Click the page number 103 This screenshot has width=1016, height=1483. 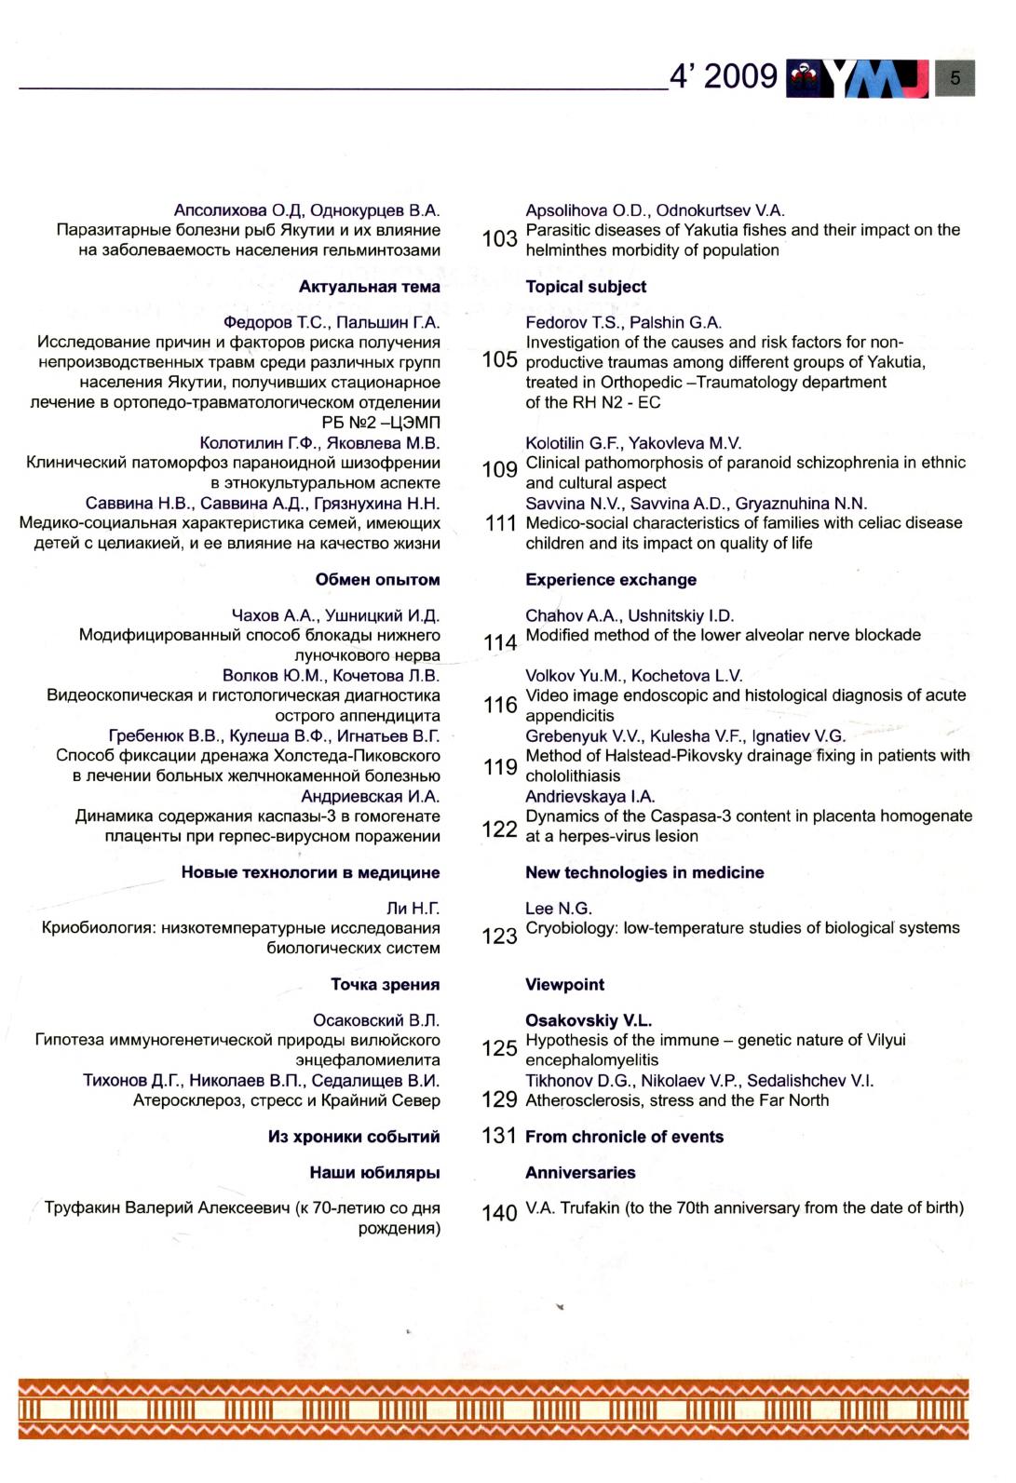point(499,239)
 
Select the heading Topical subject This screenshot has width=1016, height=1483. point(586,287)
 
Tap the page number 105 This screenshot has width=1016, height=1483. point(499,360)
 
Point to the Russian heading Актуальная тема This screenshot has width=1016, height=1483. point(369,287)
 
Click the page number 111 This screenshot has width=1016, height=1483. point(500,524)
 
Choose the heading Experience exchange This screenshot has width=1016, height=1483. point(611,580)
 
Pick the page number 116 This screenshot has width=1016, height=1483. point(500,706)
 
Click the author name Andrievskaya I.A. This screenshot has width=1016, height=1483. point(590,797)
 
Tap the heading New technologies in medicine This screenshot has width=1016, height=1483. point(644,873)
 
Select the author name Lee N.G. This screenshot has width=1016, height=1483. point(559,909)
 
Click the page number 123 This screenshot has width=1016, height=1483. point(499,937)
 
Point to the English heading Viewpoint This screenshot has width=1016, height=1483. point(564,985)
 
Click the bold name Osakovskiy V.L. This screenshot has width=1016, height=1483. point(589,1021)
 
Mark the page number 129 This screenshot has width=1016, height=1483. point(500,1100)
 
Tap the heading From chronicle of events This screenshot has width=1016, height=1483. point(624,1137)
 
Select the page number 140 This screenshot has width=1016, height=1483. point(499,1213)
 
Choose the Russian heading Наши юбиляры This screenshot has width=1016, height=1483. point(374,1173)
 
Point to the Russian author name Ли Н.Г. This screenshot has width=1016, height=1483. point(413,909)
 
